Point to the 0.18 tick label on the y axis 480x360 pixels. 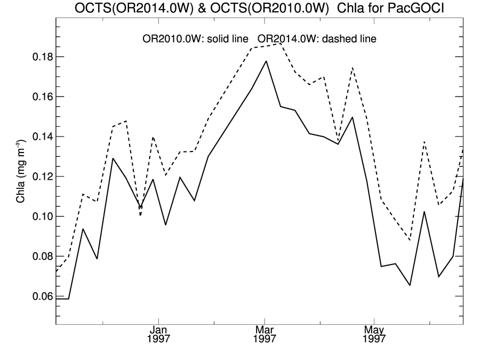tap(39, 57)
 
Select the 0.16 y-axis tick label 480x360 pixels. tap(39, 97)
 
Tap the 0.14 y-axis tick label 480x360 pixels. tap(39, 137)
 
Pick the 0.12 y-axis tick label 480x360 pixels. tap(39, 177)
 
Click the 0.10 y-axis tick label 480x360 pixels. tap(39, 217)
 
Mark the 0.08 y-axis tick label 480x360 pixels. tap(39, 257)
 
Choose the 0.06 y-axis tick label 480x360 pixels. tap(39, 297)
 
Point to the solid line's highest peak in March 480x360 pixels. tap(266, 61)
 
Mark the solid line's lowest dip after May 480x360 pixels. tap(410, 285)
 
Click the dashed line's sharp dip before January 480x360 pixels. tap(141, 215)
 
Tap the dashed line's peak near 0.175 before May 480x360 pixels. tap(353, 68)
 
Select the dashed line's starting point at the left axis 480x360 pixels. tap(57, 272)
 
